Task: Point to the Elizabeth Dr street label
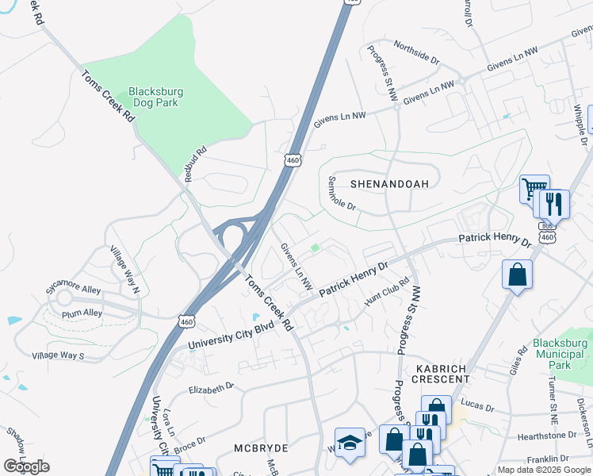coord(211,387)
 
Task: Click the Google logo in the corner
coord(26,466)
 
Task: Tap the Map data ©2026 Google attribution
coord(544,470)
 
